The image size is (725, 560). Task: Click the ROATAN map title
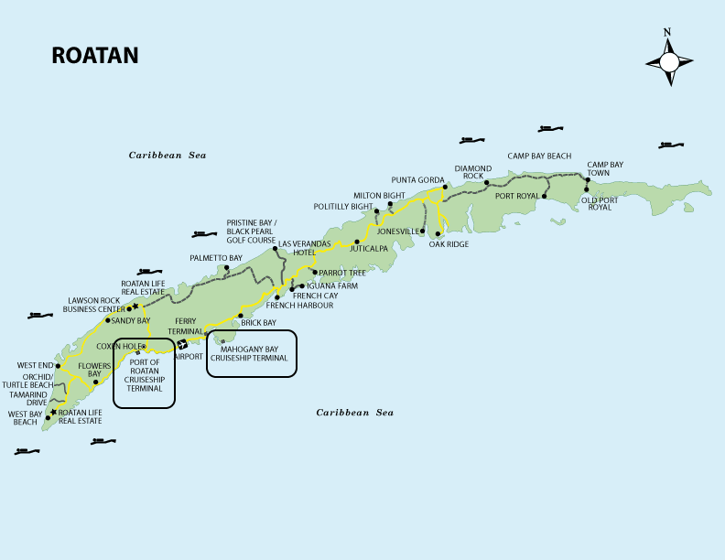pos(95,56)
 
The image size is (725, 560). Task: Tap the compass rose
pos(668,61)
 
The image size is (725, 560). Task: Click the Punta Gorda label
pos(417,178)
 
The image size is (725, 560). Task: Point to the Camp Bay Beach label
pos(539,156)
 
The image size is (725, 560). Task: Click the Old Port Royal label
pos(601,203)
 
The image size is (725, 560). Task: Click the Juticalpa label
pos(369,248)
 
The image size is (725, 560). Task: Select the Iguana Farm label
pos(331,285)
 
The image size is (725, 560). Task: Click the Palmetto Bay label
pos(216,259)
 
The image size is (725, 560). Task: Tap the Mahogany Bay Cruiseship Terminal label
pos(252,353)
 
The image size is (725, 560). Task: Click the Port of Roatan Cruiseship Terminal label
pos(145,375)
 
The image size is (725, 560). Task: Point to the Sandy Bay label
pos(130,321)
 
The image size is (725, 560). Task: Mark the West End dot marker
pos(58,366)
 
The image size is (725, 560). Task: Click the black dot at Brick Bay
pos(240,316)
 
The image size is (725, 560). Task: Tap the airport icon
pos(182,344)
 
